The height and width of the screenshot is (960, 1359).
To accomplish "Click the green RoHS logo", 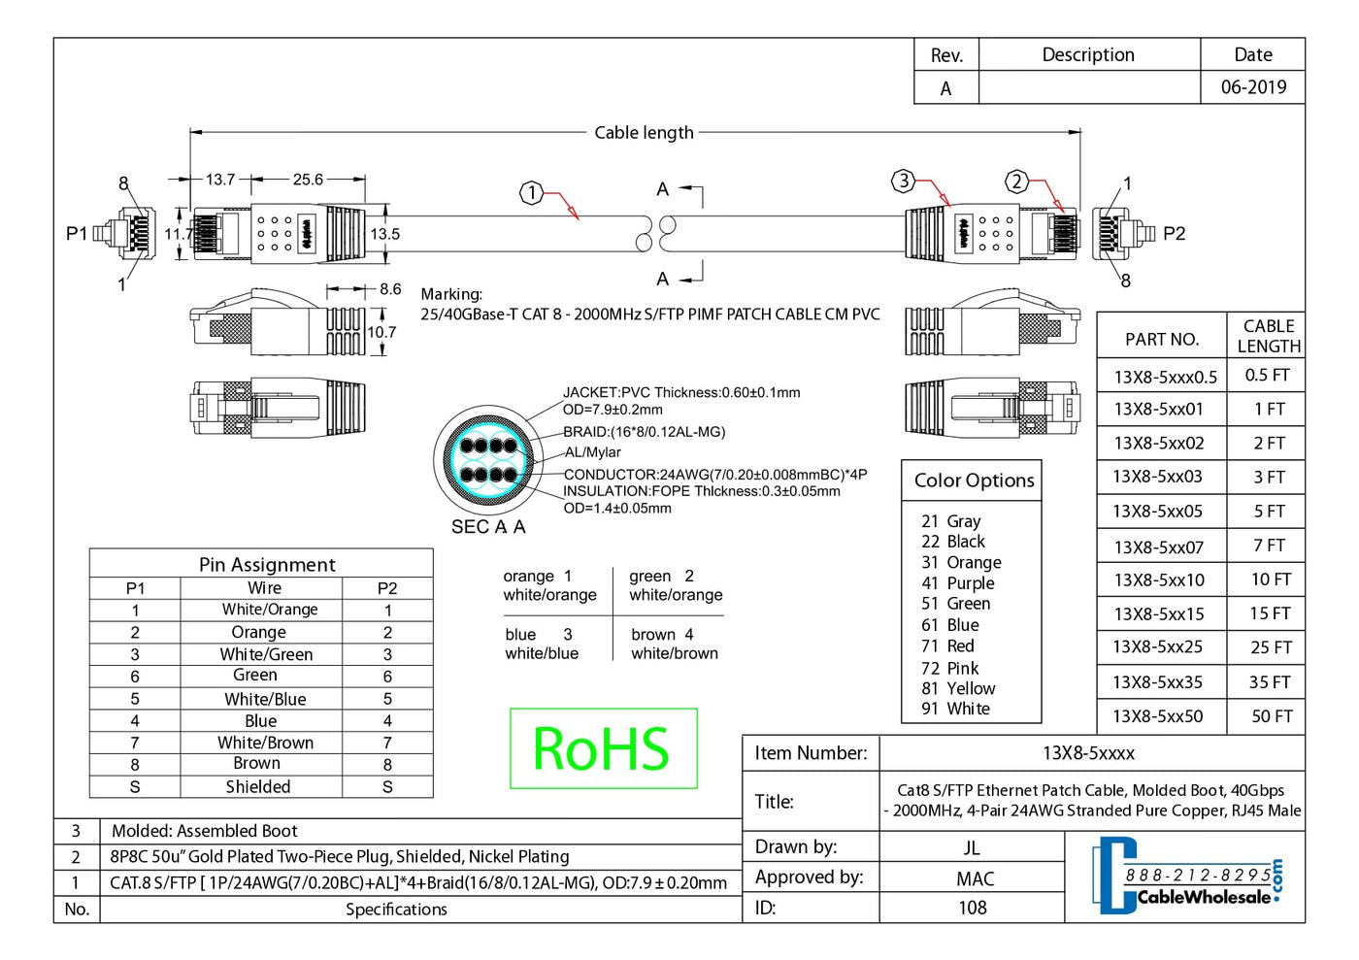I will (x=603, y=748).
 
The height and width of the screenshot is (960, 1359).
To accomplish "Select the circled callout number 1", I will (x=531, y=193).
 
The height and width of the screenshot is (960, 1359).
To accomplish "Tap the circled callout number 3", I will (x=904, y=181).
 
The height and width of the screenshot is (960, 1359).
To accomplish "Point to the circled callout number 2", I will (x=1016, y=181).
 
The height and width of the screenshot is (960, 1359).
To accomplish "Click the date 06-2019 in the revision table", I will (x=1253, y=87).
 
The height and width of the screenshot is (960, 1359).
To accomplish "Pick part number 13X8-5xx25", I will (x=1157, y=647).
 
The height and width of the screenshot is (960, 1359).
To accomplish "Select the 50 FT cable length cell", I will (x=1271, y=716).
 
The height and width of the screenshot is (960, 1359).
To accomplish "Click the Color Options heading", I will (x=974, y=480).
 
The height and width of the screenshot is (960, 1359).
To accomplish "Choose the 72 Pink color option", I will (x=950, y=668).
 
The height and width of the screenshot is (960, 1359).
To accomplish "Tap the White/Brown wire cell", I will (x=265, y=743).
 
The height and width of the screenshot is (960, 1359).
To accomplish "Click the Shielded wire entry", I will (x=258, y=787).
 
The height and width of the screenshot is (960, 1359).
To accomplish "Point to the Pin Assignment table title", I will (x=267, y=565).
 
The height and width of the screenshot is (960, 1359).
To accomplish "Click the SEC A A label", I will (x=488, y=527).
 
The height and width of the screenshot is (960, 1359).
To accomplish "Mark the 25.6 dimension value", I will (x=308, y=180).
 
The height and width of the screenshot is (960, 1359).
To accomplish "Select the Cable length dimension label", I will (x=644, y=133).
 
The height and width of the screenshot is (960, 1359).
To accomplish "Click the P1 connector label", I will (x=77, y=233).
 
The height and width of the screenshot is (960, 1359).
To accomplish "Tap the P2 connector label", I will (x=1174, y=234).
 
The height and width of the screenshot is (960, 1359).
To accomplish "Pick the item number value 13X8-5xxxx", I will (x=1088, y=753).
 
